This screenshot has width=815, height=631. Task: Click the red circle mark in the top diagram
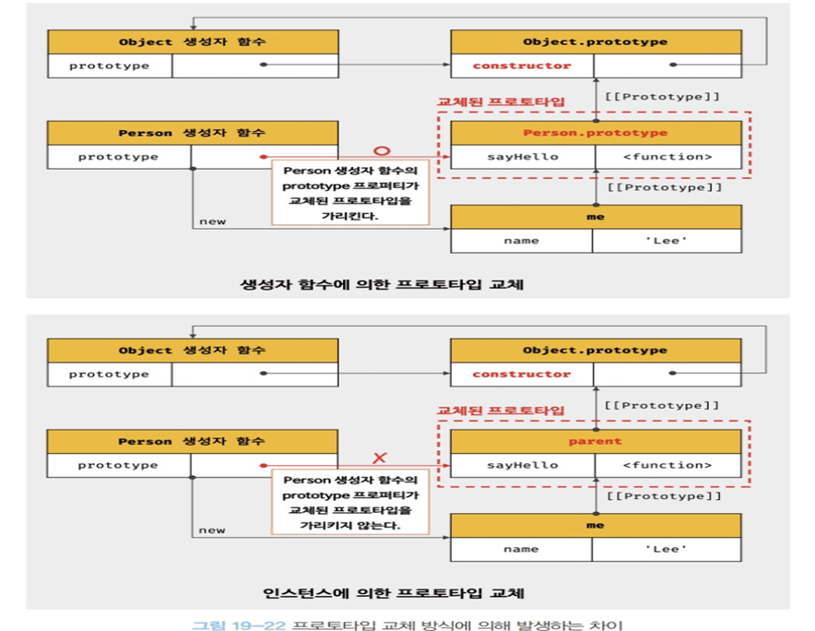point(382,149)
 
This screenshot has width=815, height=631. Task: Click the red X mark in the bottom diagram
point(380,458)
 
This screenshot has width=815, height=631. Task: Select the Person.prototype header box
point(595,133)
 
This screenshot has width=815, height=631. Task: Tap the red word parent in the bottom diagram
point(595,441)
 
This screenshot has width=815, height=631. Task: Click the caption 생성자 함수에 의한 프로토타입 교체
point(381,283)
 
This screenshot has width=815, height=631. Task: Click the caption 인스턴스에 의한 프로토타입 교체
point(381,591)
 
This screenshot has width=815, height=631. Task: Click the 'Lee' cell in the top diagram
point(666,241)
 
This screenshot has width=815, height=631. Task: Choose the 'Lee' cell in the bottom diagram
point(666,549)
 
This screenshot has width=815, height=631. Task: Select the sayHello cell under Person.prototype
point(522,157)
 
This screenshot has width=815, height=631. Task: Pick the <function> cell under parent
point(667,465)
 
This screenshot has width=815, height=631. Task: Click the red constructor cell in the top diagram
point(522,65)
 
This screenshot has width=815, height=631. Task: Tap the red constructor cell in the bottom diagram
point(522,374)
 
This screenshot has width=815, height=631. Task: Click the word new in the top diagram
point(212,221)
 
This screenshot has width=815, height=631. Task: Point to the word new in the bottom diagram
point(212,530)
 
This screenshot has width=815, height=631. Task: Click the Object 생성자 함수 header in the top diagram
point(193,42)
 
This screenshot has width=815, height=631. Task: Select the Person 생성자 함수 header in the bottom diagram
point(193,441)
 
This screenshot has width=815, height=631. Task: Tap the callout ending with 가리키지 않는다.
point(350,501)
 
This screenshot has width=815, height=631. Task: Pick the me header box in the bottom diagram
point(595,525)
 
